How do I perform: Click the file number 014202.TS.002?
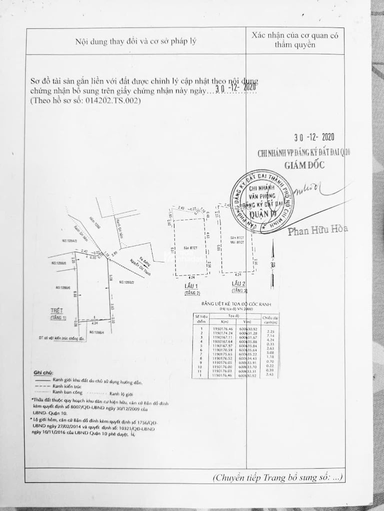click(x=111, y=100)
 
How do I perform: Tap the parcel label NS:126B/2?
click(x=128, y=282)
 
